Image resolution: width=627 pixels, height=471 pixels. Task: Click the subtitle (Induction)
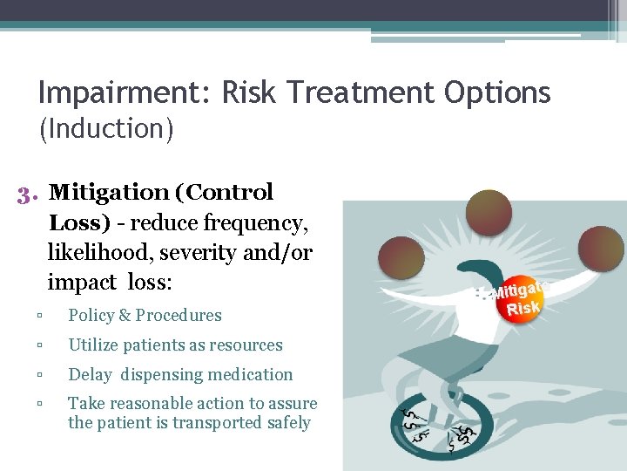point(106,129)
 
